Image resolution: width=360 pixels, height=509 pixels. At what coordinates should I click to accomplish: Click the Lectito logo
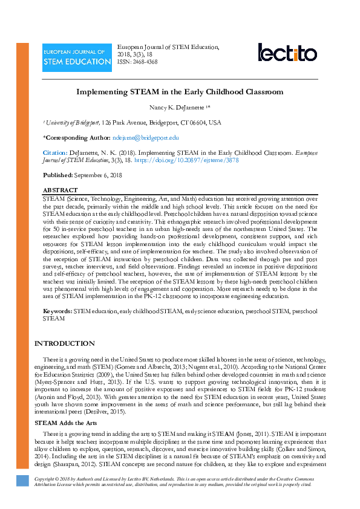[x=287, y=53]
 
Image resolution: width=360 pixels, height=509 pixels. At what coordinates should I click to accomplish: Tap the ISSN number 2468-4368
[x=145, y=62]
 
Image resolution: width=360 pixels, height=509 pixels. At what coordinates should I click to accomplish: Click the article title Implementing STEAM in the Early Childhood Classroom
[x=180, y=92]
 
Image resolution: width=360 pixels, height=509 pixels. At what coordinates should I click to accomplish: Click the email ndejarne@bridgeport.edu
[x=146, y=138]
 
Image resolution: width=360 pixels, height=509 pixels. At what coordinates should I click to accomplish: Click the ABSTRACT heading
[x=60, y=190]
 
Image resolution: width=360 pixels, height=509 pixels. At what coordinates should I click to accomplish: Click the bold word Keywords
[x=57, y=311]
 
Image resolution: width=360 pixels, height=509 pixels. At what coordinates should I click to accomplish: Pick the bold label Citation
[x=54, y=153]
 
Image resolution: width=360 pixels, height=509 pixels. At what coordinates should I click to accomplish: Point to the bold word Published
[x=57, y=175]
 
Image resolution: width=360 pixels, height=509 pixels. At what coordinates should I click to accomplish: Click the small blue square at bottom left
[x=22, y=481]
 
